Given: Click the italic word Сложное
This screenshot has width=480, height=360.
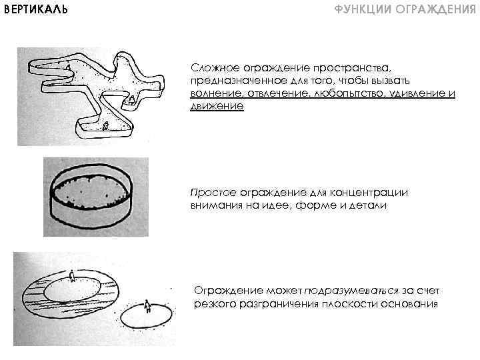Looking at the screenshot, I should (209, 67).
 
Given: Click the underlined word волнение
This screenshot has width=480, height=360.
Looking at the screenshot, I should (212, 93).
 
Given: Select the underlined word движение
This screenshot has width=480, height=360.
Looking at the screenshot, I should (217, 106).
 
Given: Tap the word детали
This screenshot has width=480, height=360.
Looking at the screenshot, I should (367, 205).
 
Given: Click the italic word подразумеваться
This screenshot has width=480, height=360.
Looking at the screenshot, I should (351, 291).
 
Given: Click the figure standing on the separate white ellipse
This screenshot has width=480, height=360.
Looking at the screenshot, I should (148, 308).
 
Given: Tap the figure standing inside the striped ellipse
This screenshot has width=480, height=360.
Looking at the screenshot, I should (72, 274).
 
